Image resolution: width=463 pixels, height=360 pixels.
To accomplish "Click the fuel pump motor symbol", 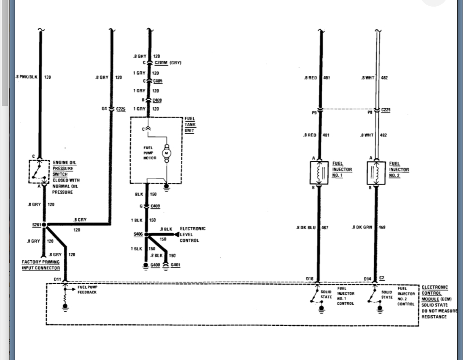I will (x=166, y=153).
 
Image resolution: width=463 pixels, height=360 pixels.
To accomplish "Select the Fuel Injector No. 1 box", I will (x=319, y=173).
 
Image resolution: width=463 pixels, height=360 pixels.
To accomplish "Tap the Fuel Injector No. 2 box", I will (x=377, y=173).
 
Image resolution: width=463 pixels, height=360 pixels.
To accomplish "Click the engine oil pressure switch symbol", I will (x=39, y=172).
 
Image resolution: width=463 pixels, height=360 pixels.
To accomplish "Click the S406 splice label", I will (x=138, y=234).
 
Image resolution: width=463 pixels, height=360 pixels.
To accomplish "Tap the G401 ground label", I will (x=175, y=265).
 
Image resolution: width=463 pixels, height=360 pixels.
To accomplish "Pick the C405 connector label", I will (x=158, y=81).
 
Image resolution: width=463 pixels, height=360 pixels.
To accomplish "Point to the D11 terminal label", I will (x=57, y=280).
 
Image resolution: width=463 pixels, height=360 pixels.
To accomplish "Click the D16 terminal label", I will (x=309, y=279).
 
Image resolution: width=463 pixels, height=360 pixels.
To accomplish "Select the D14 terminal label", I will (x=367, y=279).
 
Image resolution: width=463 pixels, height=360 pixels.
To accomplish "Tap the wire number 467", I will (x=325, y=227).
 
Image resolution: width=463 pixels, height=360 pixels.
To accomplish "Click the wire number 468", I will (x=382, y=227).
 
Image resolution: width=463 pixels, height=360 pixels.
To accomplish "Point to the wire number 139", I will (x=47, y=77).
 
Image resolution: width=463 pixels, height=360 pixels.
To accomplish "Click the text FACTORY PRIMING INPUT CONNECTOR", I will (x=41, y=265).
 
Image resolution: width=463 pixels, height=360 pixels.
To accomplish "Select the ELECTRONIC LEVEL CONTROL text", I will (x=193, y=234).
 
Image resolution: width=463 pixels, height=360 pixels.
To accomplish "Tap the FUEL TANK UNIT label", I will (x=189, y=125).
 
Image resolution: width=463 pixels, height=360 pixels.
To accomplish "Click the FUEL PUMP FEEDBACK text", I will (x=87, y=290).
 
